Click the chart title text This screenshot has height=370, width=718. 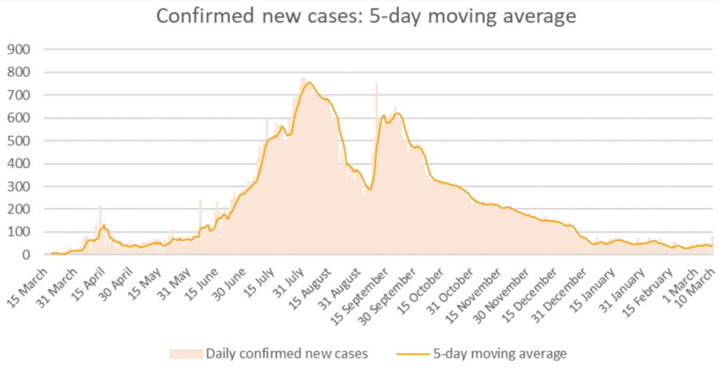[x=366, y=16]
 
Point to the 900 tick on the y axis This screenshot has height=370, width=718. [x=20, y=49]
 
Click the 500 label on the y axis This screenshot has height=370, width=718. [x=20, y=141]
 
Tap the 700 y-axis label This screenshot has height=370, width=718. [x=20, y=95]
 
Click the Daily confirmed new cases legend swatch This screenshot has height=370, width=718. [x=185, y=352]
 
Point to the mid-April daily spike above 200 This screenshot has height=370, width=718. [x=100, y=207]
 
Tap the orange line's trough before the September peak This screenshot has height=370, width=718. [x=369, y=190]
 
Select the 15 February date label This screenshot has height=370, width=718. [x=644, y=284]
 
